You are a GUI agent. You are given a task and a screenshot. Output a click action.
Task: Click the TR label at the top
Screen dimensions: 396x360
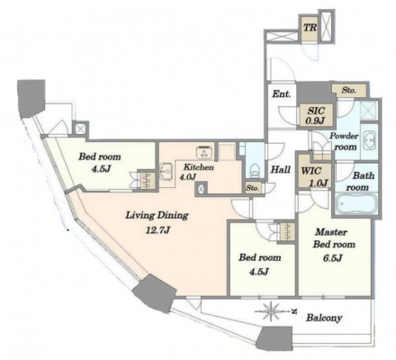tap(310, 28)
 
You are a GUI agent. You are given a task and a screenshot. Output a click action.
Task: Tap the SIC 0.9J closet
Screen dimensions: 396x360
tap(317, 115)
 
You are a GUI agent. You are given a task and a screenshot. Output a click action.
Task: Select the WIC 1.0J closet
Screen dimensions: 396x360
tap(315, 175)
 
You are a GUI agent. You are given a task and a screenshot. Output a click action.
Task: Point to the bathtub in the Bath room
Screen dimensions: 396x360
tap(356, 204)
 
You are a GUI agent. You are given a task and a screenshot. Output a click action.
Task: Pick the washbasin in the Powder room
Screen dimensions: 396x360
tap(369, 140)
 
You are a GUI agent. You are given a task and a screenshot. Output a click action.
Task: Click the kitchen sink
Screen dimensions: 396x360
tap(166, 171)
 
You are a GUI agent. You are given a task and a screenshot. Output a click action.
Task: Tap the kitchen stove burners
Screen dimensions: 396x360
tap(205, 152)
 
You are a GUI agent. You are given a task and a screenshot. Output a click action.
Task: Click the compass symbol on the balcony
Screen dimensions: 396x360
tap(271, 311)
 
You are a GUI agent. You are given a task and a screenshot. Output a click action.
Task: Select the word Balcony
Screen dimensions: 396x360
tap(324, 318)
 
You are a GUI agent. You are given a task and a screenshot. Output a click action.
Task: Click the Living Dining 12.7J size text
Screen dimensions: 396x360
tap(157, 230)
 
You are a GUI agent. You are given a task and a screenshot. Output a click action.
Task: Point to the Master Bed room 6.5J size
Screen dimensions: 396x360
tap(333, 258)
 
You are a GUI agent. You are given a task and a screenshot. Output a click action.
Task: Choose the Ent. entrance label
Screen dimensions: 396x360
tap(282, 94)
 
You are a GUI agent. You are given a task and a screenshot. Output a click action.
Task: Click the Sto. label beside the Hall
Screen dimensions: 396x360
tap(253, 188)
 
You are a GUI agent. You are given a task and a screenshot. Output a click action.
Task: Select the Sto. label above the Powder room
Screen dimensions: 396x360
tap(349, 90)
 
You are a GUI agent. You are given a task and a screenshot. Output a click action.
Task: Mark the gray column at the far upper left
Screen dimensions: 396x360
tap(31, 97)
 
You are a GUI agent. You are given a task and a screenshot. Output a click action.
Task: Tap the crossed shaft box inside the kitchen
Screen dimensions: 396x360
tap(202, 188)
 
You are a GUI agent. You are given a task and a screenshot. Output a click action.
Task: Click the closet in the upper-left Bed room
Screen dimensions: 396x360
tap(148, 180)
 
